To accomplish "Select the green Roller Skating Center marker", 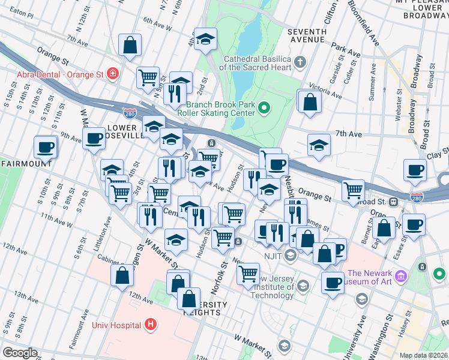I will tap(264, 108).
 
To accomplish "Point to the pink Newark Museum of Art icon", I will tap(400, 277).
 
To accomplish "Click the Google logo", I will tap(19, 353).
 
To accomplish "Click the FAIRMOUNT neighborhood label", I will tap(25, 163).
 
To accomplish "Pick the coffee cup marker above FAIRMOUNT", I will tap(45, 146).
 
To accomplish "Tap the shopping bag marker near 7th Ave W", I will tap(130, 44).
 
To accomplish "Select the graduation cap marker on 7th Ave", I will tap(319, 145).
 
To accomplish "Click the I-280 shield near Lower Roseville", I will tap(131, 112).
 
